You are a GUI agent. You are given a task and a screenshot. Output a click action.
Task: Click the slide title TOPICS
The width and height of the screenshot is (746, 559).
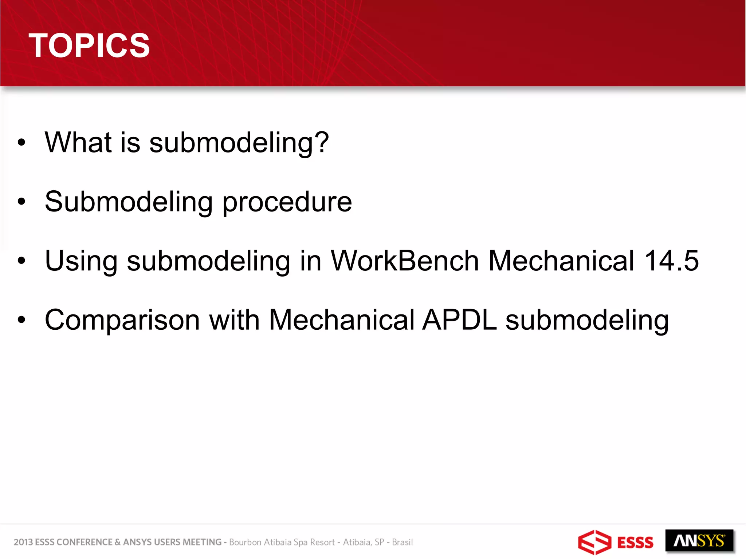[89, 45]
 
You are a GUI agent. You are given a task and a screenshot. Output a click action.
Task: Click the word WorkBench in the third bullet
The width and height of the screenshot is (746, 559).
[404, 261]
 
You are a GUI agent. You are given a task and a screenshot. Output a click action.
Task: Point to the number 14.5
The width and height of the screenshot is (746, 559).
[671, 261]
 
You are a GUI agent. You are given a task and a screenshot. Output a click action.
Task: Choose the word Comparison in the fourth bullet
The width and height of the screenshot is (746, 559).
[122, 320]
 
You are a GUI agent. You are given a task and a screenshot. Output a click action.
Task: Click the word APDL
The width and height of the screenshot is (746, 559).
[459, 320]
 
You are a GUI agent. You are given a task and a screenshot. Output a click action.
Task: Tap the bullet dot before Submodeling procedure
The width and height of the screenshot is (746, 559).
[21, 202]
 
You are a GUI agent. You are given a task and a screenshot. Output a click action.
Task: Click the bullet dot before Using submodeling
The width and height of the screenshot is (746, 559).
[21, 261]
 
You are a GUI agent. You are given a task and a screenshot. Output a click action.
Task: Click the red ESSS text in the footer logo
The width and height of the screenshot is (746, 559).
[635, 543]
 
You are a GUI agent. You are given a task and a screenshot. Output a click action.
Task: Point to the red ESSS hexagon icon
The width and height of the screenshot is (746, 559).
[594, 542]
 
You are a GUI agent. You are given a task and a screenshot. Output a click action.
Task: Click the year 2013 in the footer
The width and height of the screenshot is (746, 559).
[23, 542]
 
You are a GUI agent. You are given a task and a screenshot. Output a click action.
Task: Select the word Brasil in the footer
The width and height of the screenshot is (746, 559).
[402, 542]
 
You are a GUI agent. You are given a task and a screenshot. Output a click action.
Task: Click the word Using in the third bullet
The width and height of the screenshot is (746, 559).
[81, 261]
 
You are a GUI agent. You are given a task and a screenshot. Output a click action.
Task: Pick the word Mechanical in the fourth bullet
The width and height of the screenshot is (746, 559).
[341, 320]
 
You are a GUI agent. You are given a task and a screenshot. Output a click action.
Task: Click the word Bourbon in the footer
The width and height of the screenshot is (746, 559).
[245, 542]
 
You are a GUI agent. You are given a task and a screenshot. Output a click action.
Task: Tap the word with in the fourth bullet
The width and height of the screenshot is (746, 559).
[234, 320]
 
